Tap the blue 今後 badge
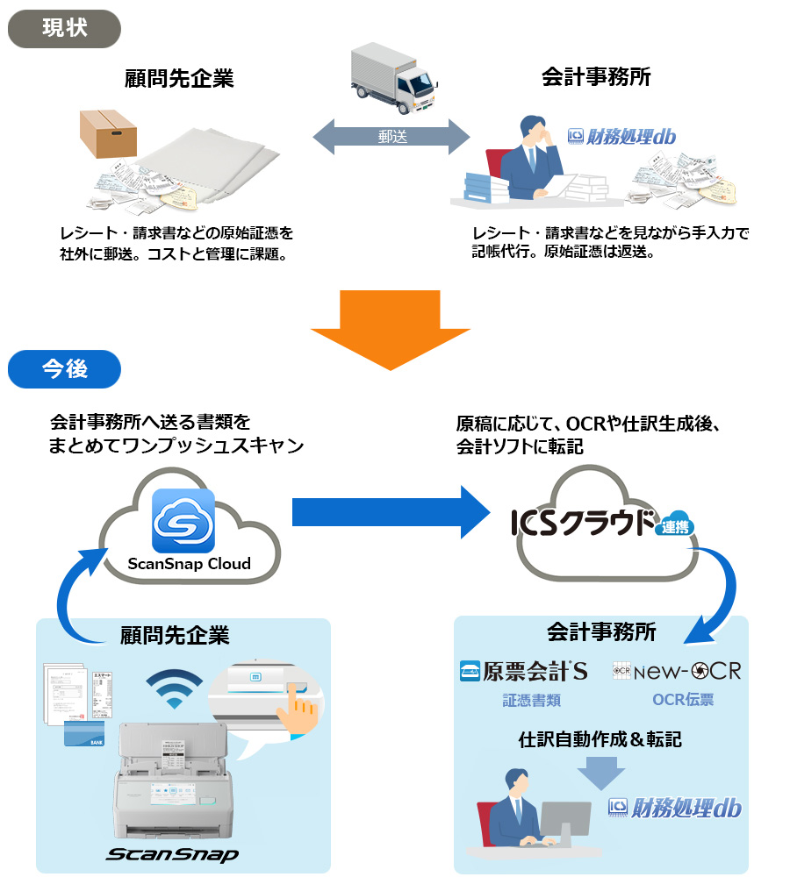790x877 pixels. tap(64, 369)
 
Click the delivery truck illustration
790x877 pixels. tap(392, 78)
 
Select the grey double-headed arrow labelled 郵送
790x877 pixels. tap(391, 137)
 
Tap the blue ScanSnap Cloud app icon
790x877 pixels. tap(183, 521)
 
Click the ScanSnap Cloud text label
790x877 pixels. tap(189, 564)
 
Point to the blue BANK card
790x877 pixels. tap(85, 734)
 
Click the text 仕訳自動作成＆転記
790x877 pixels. tap(600, 739)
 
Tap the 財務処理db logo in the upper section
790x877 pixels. tap(622, 136)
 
